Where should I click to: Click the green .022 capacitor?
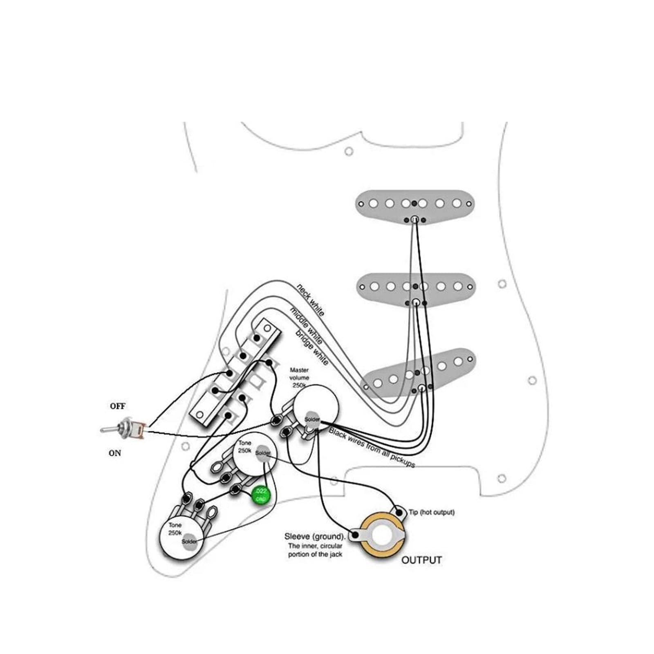pyautogui.click(x=261, y=495)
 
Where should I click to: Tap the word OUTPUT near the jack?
pyautogui.click(x=421, y=560)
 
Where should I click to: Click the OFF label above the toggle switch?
pyautogui.click(x=117, y=406)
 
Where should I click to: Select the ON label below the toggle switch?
pyautogui.click(x=115, y=453)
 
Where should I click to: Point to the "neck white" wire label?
pyautogui.click(x=310, y=300)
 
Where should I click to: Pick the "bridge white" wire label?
pyautogui.click(x=312, y=347)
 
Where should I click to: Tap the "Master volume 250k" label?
pyautogui.click(x=299, y=378)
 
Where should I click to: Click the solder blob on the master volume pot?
pyautogui.click(x=312, y=419)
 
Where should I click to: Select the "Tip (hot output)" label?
pyautogui.click(x=431, y=512)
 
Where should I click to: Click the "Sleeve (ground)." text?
pyautogui.click(x=315, y=536)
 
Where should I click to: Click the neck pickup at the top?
pyautogui.click(x=415, y=207)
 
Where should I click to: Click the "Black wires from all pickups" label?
pyautogui.click(x=372, y=448)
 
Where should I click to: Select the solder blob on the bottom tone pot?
pyautogui.click(x=189, y=541)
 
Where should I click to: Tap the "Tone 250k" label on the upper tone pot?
pyautogui.click(x=245, y=447)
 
